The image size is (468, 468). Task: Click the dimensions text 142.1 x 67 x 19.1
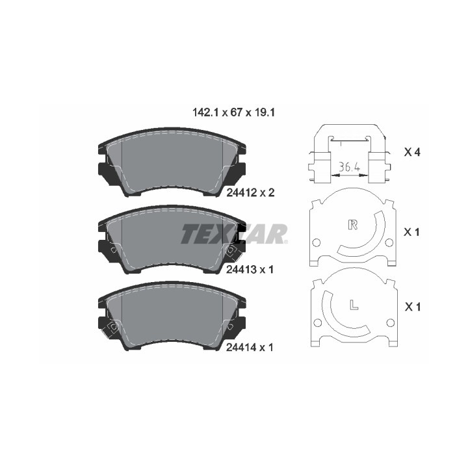point(234,113)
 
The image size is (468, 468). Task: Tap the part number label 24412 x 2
point(250,193)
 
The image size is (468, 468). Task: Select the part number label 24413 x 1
point(250,270)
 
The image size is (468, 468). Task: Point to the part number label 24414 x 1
point(250,347)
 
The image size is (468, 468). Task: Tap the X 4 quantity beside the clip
point(412,152)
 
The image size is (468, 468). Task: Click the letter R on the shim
point(353,224)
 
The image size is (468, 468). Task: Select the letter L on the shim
point(354,304)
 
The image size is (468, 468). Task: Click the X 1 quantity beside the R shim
point(411,232)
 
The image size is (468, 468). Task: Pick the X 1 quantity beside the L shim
point(413,307)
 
